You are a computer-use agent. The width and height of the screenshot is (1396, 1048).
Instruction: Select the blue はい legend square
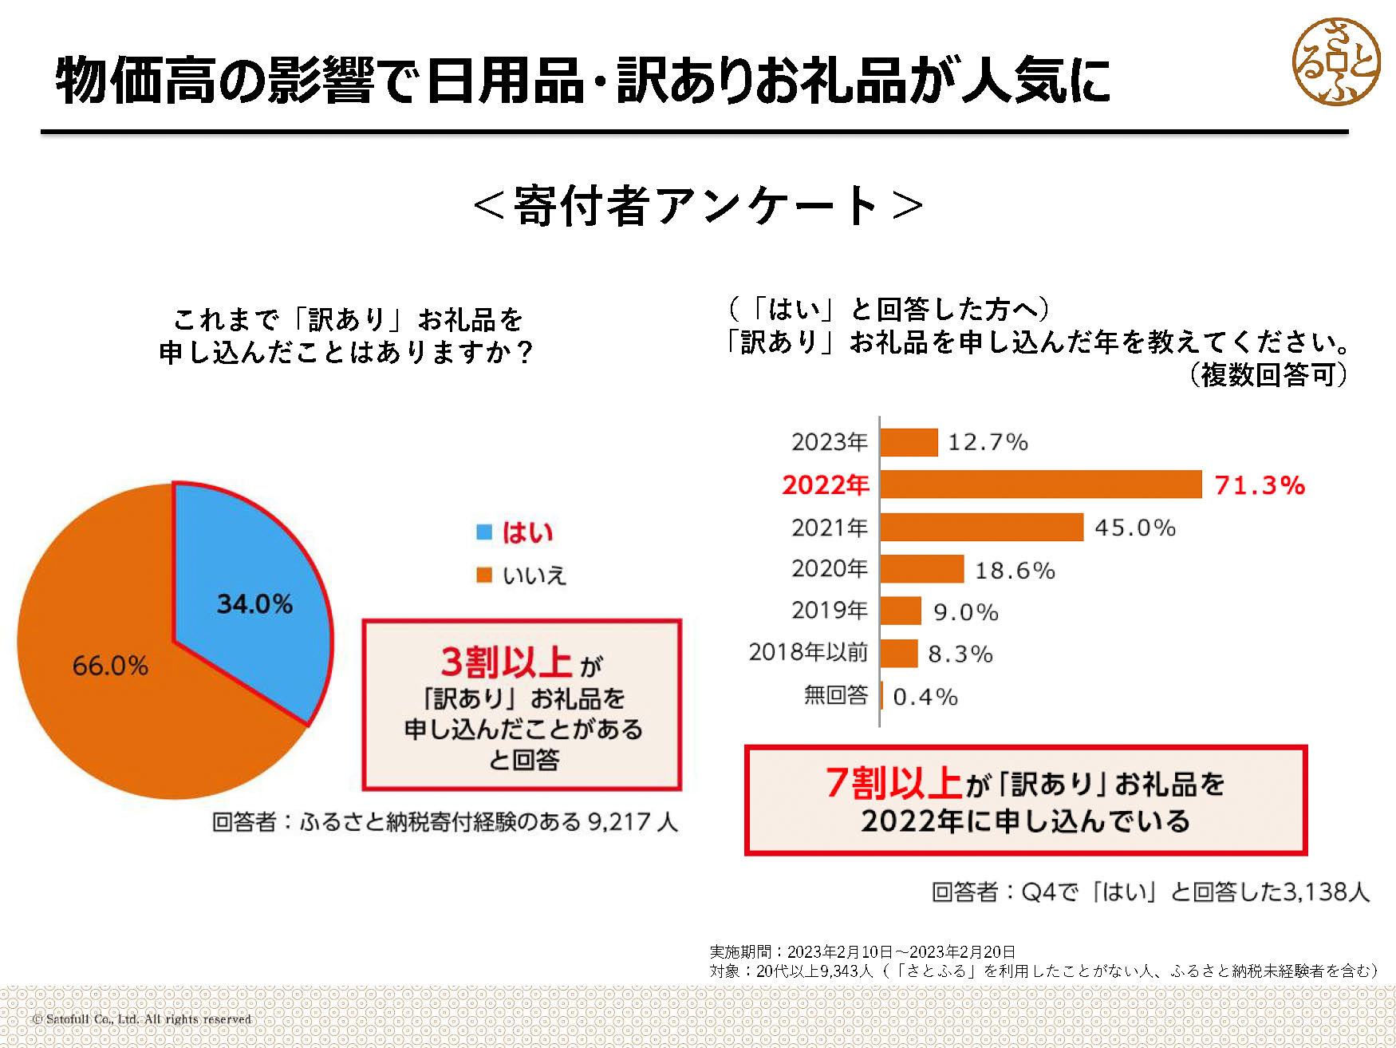coord(484,532)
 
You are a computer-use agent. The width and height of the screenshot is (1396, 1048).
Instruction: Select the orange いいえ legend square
coord(484,575)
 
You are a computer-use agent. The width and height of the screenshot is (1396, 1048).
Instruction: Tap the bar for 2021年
coord(981,528)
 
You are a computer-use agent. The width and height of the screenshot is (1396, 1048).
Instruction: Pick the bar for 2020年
coord(921,569)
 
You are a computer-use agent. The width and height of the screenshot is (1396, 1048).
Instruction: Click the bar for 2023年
coord(909,442)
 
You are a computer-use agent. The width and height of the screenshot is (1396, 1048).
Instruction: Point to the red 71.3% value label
coord(1259,485)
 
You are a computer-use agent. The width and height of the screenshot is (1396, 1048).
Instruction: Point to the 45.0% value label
coord(1134,528)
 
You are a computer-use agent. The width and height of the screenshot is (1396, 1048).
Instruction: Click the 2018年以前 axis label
coord(807,653)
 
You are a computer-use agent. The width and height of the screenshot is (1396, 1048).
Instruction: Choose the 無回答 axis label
coord(835,695)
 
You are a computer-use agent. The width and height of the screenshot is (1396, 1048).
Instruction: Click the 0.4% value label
coord(925,697)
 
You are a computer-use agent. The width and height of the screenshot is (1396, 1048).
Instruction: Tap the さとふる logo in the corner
coord(1335,62)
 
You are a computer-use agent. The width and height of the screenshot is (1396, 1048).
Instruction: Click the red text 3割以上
coord(505,662)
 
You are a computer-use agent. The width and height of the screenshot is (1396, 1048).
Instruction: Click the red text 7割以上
coord(893,783)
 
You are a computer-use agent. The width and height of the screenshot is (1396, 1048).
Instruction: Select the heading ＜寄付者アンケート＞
coord(698,206)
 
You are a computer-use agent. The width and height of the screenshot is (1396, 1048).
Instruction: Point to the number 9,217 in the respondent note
coord(618,822)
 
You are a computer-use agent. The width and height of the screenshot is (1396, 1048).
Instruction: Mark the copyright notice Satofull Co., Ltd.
coord(142,1019)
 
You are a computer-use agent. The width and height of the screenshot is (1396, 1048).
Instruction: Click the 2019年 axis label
coord(829,611)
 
